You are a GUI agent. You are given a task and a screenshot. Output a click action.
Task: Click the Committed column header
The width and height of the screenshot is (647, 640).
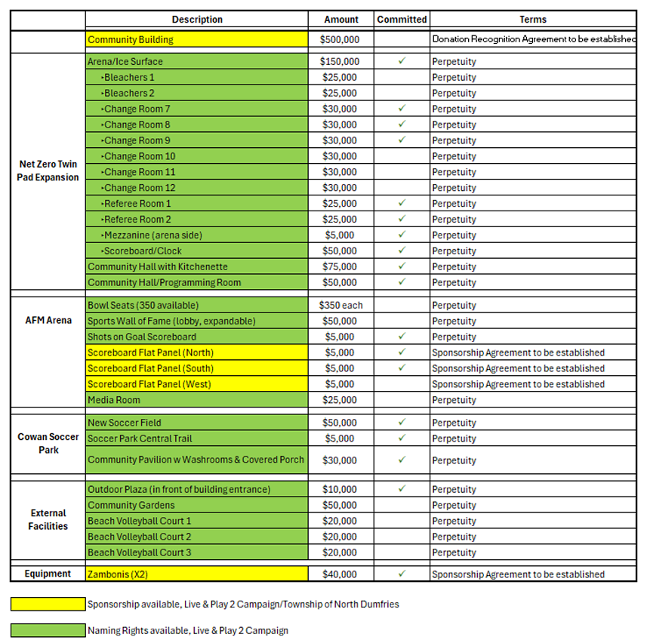click(x=402, y=20)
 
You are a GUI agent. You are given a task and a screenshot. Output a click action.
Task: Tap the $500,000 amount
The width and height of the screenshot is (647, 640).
click(x=340, y=39)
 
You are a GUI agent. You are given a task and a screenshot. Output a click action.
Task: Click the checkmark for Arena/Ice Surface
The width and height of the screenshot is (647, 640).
click(x=402, y=61)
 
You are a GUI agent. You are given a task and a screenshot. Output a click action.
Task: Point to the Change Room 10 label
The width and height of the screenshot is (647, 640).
click(x=140, y=156)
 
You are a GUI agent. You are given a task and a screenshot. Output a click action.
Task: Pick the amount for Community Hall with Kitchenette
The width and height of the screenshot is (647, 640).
click(x=340, y=266)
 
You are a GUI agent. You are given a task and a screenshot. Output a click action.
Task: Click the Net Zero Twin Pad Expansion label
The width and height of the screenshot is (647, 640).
click(x=48, y=171)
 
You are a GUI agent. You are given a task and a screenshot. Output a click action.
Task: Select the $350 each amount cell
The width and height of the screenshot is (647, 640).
click(x=340, y=306)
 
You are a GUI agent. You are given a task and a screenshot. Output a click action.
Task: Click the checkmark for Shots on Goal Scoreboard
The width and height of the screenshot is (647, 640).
click(x=402, y=337)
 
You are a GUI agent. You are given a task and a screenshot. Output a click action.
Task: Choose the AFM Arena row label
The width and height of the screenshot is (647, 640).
click(x=48, y=320)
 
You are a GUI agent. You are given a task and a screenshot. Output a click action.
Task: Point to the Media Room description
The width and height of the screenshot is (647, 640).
click(x=114, y=400)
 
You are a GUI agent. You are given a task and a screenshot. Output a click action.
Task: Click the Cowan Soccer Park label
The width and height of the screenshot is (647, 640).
click(x=48, y=443)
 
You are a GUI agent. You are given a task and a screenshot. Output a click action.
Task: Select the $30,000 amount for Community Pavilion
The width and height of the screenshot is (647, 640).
click(x=340, y=460)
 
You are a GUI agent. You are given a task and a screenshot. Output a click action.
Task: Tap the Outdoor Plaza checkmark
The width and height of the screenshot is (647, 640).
click(x=402, y=489)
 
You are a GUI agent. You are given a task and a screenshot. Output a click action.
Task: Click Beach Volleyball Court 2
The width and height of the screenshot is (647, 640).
click(x=140, y=537)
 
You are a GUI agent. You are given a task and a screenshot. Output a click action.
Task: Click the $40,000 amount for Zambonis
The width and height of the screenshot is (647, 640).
click(x=340, y=574)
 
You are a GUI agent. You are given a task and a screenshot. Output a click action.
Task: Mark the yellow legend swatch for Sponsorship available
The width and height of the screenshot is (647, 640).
click(x=48, y=604)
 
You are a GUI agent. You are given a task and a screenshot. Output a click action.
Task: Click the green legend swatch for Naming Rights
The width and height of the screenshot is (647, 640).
click(x=48, y=630)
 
